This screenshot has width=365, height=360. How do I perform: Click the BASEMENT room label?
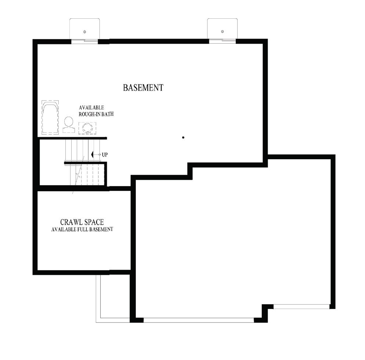[143, 88]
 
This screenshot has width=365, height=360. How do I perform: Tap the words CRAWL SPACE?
[82, 222]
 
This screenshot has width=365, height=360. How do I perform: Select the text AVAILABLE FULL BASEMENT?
[82, 229]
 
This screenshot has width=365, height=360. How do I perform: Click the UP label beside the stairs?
[105, 155]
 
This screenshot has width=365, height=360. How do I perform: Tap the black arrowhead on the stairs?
[93, 155]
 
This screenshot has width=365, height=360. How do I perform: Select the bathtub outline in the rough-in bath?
[50, 117]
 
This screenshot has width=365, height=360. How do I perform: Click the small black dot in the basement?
[183, 138]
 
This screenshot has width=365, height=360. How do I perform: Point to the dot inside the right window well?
[223, 32]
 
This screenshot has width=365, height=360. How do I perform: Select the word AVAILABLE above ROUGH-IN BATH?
[91, 108]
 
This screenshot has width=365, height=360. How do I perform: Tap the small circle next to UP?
[100, 155]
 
